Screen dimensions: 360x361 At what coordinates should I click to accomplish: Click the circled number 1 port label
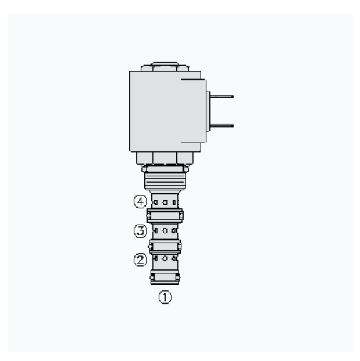[x=165, y=298]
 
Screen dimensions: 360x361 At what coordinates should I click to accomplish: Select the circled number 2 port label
[x=140, y=260]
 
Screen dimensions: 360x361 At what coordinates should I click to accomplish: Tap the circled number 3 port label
[x=140, y=231]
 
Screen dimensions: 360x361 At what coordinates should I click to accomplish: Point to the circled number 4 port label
[x=140, y=202]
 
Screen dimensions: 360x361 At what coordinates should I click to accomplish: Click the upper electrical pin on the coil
[x=221, y=96]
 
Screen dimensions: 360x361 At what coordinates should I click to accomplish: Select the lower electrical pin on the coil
[x=221, y=126]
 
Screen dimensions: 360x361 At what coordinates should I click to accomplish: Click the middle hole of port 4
[x=165, y=203]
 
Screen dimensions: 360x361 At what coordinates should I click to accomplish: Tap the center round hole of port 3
[x=165, y=230]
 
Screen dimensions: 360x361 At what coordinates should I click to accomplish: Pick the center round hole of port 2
[x=165, y=258]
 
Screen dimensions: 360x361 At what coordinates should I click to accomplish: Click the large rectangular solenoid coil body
[x=165, y=111]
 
